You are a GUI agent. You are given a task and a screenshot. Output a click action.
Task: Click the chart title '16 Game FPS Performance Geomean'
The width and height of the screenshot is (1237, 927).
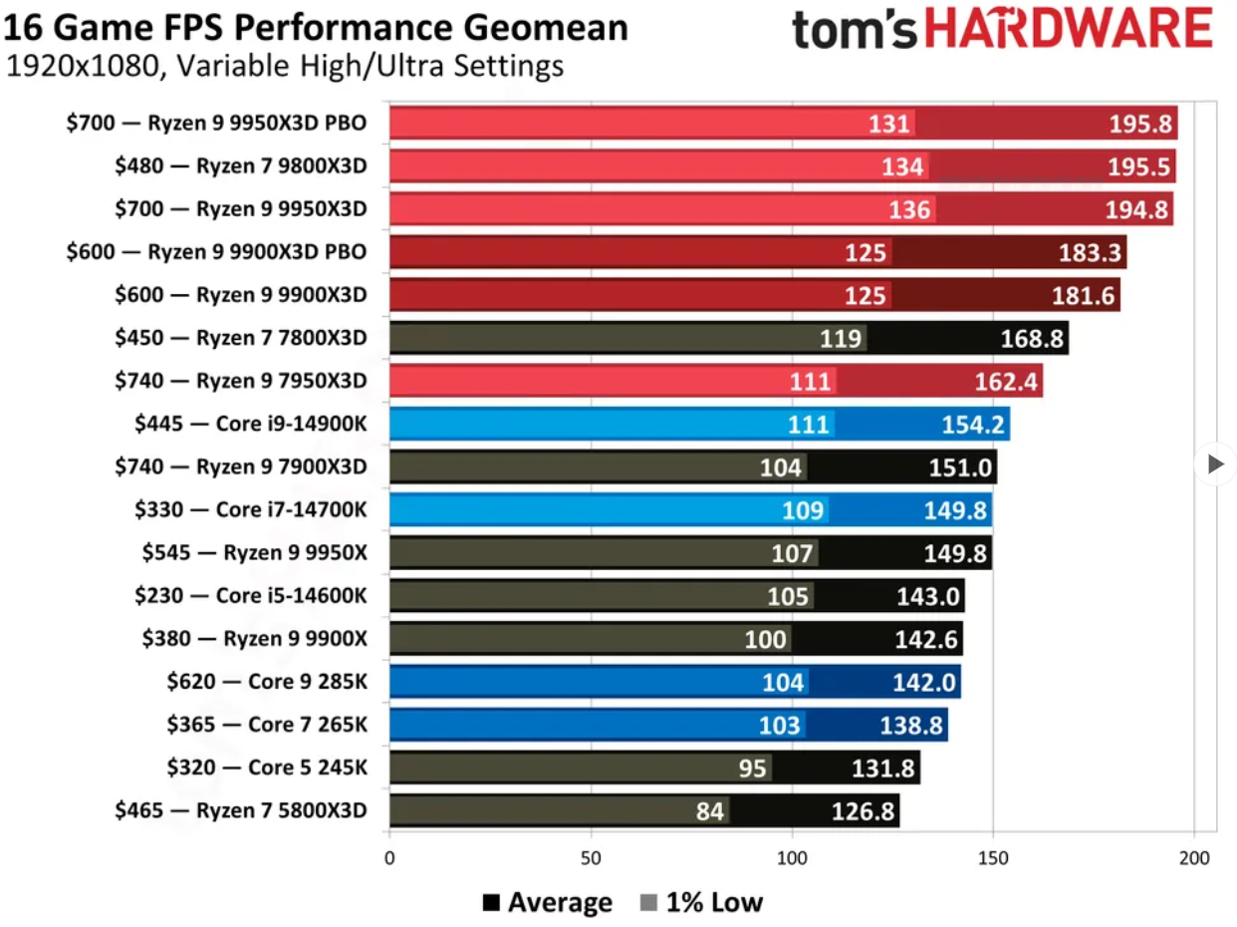point(316,26)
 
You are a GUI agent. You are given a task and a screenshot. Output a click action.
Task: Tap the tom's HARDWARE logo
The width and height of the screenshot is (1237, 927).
point(1002,30)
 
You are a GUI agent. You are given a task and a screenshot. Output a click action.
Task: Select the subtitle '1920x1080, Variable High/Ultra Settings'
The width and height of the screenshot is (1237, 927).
point(285,68)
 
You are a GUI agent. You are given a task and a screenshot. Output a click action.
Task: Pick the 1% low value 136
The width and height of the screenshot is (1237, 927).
point(911,209)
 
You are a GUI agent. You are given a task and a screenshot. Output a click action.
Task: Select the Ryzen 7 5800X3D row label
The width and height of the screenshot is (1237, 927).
point(239,811)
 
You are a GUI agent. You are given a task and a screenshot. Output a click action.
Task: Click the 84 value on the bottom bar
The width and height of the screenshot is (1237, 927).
point(709,811)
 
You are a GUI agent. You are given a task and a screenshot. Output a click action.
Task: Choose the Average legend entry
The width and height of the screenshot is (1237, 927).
point(548,903)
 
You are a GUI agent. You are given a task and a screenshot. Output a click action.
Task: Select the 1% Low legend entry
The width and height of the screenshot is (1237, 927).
point(701,903)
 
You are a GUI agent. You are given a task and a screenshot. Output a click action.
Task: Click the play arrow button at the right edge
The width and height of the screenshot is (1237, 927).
point(1214,463)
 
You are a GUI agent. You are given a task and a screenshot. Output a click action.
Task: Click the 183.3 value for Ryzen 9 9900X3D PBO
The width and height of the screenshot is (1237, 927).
point(1091,252)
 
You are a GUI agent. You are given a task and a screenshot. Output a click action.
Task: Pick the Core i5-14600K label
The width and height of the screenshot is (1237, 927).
point(250,596)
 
